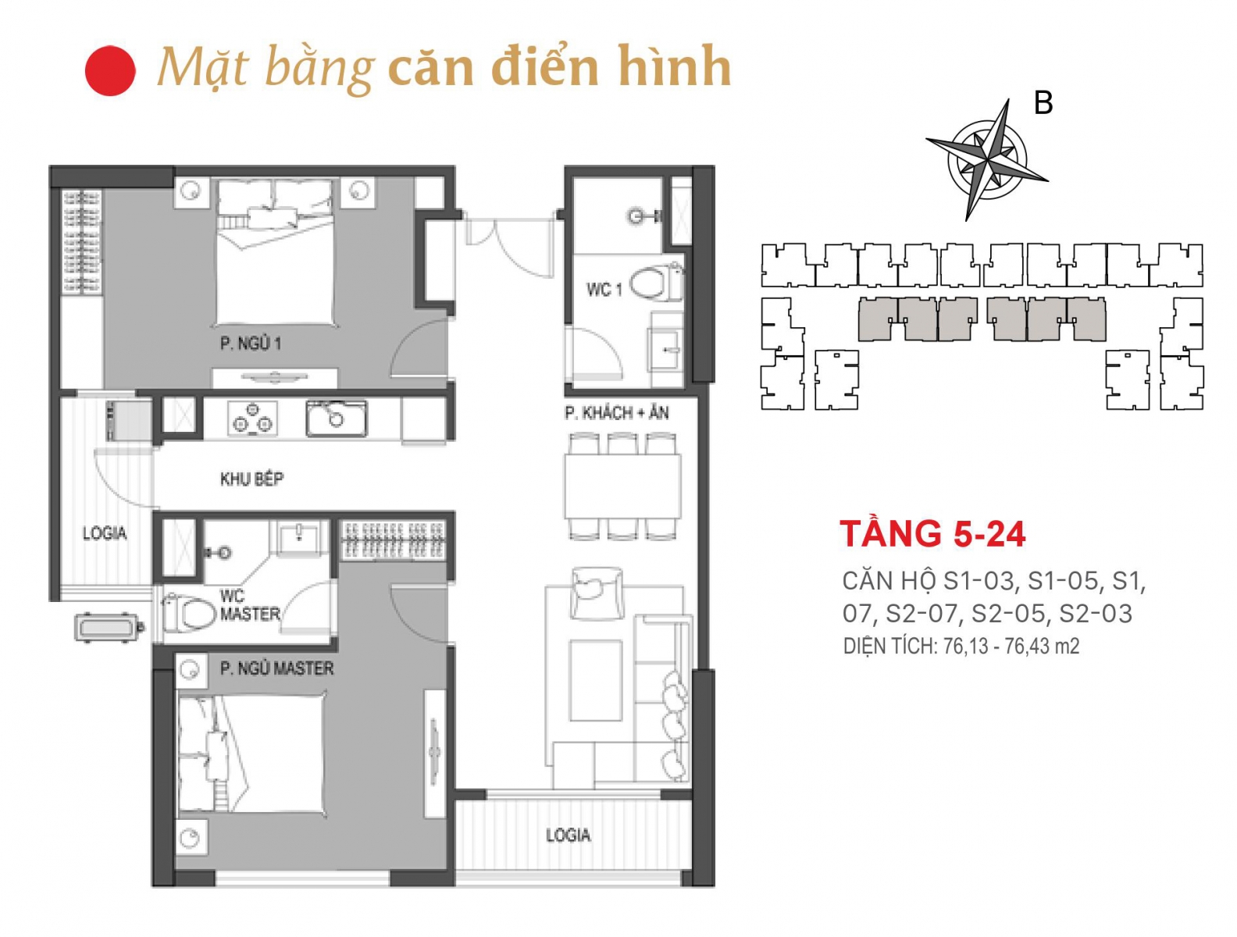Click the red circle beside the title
[x=110, y=70]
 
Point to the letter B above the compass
[x=1043, y=103]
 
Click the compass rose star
[x=987, y=159]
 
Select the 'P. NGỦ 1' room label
[x=250, y=343]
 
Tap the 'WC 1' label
[x=604, y=290]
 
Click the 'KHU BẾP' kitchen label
[x=251, y=479]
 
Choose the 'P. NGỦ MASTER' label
[x=276, y=668]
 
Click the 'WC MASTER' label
[x=250, y=604]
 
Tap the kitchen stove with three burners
[x=253, y=418]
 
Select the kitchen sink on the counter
[x=336, y=418]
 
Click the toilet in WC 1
[x=656, y=282]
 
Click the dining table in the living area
[x=622, y=486]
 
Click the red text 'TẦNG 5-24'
[x=932, y=533]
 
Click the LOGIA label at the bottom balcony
[x=568, y=835]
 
